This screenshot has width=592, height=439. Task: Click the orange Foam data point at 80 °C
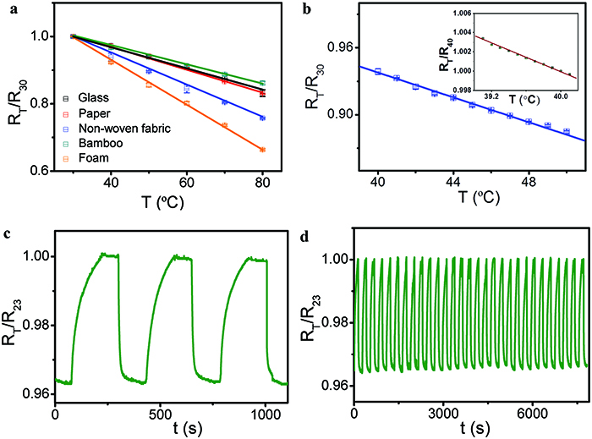tap(263, 150)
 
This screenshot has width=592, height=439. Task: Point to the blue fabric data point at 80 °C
tap(263, 118)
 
